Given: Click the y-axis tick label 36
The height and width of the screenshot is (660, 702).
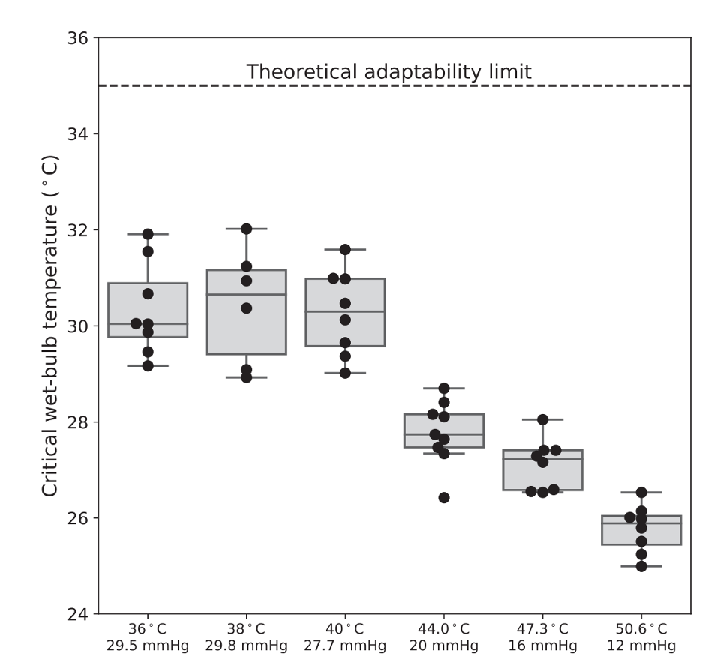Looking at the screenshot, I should pyautogui.click(x=78, y=38).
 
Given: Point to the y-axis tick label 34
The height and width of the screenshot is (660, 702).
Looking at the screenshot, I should pyautogui.click(x=78, y=134).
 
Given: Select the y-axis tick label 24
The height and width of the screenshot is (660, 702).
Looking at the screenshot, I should pyautogui.click(x=78, y=614).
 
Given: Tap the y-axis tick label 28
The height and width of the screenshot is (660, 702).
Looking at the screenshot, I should pyautogui.click(x=78, y=422).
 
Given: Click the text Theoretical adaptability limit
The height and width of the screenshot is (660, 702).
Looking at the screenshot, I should pyautogui.click(x=389, y=72).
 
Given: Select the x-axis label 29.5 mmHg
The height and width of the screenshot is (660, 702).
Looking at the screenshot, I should pyautogui.click(x=148, y=646).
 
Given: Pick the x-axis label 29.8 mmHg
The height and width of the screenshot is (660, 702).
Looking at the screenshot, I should pyautogui.click(x=247, y=646).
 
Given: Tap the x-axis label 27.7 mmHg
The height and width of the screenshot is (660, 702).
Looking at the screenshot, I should pyautogui.click(x=345, y=646).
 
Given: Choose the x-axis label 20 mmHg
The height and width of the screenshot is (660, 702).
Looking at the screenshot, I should pyautogui.click(x=444, y=646).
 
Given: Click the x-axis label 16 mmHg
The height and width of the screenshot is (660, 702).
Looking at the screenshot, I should pyautogui.click(x=543, y=646).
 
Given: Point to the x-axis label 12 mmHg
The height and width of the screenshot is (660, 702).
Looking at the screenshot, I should pyautogui.click(x=641, y=646).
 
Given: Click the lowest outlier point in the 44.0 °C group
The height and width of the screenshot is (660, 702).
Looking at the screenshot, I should pyautogui.click(x=444, y=497).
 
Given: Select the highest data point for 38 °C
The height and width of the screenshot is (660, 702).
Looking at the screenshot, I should pyautogui.click(x=246, y=228).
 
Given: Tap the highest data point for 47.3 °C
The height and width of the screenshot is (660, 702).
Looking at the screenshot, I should pyautogui.click(x=543, y=419).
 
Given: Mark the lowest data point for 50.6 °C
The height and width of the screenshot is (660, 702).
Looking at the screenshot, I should pyautogui.click(x=641, y=566).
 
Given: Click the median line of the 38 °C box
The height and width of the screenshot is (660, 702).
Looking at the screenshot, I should pyautogui.click(x=247, y=295).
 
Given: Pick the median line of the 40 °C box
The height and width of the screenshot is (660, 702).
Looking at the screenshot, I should pyautogui.click(x=345, y=311).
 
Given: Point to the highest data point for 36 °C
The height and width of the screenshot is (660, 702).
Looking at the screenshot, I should pyautogui.click(x=148, y=234).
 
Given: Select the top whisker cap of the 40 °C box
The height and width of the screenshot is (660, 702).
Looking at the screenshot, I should pyautogui.click(x=345, y=249).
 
